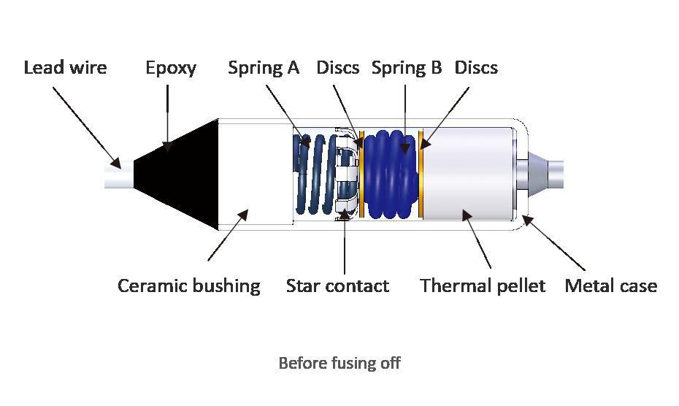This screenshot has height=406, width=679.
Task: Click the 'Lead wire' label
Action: (65, 68)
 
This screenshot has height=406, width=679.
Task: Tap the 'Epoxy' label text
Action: (171, 68)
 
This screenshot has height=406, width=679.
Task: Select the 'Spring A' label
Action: (264, 68)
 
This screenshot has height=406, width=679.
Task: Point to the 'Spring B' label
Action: (407, 68)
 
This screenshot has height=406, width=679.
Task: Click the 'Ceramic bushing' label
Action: (189, 285)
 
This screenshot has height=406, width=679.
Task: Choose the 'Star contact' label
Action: (337, 285)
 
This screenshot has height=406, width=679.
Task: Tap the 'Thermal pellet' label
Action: (483, 285)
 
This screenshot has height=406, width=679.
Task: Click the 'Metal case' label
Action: (611, 285)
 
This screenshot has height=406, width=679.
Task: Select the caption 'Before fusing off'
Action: (339, 363)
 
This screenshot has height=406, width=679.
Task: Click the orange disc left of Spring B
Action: (361, 175)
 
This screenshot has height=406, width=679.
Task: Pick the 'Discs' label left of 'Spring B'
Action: (337, 68)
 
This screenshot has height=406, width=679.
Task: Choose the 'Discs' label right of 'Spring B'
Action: (476, 68)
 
